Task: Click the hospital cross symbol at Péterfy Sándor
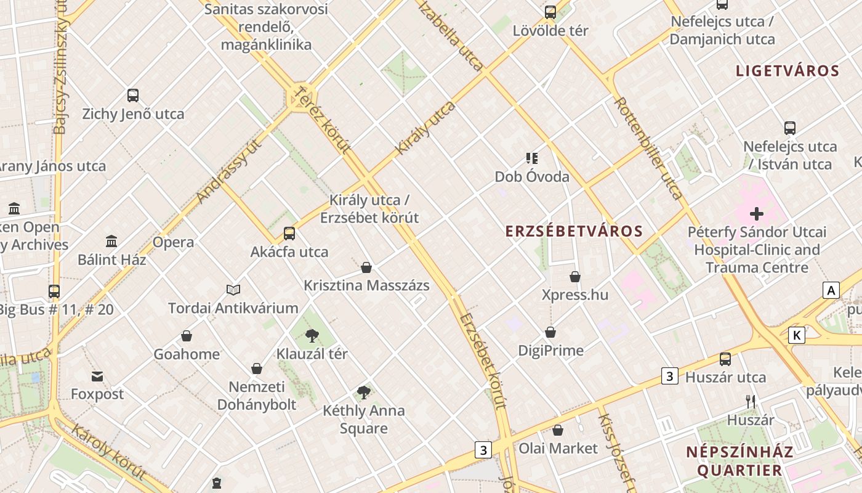pos(757,214)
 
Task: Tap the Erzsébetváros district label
pos(574,232)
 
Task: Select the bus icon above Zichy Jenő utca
pos(133,96)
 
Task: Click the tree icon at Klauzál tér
pos(312,336)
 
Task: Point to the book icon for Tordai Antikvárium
pos(233,290)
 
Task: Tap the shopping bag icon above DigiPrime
pos(550,332)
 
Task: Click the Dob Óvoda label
pos(532,177)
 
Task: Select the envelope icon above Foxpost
pos(97,377)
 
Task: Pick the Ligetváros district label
pos(787,71)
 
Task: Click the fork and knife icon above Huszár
pos(751,402)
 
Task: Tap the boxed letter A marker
pos(831,290)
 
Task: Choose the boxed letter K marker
pos(797,335)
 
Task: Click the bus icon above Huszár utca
pos(725,359)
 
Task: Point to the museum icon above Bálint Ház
pos(111,241)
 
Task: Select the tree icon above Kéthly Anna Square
pos(364,393)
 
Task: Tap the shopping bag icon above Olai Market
pos(558,430)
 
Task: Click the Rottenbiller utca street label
pos(648,149)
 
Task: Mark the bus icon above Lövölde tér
pos(550,12)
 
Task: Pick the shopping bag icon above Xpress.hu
pos(575,277)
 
